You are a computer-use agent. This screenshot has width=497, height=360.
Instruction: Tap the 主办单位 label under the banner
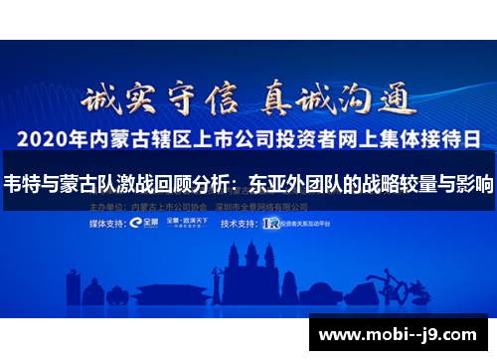click(106, 207)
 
